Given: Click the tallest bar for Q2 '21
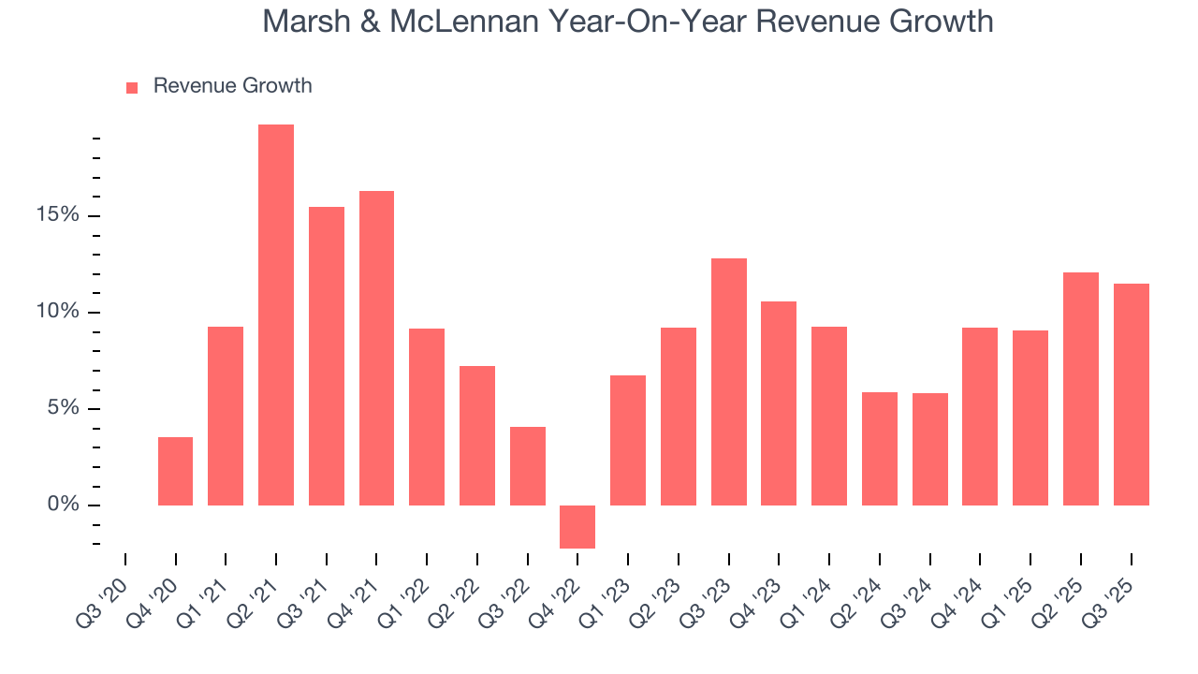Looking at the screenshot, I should (276, 315).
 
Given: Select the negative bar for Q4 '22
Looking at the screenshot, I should (577, 526).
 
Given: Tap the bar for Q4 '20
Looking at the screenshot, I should (175, 471).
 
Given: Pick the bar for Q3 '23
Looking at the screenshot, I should (728, 382).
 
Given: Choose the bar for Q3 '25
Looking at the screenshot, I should (1131, 394).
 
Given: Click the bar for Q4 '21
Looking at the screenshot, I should (376, 348).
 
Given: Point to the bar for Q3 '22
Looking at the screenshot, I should (527, 466).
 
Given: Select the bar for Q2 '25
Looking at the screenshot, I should (1080, 388).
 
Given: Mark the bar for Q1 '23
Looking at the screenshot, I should (628, 440).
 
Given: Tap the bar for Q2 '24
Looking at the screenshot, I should (879, 448).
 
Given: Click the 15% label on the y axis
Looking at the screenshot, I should (59, 215).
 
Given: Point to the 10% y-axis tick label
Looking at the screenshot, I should (59, 312).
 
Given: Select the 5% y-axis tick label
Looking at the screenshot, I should (65, 408).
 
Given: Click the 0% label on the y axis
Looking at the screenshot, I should (65, 505).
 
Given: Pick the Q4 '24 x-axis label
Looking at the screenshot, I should (958, 593).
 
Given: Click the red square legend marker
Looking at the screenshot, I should (132, 87).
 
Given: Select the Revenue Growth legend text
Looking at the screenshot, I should (232, 86).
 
